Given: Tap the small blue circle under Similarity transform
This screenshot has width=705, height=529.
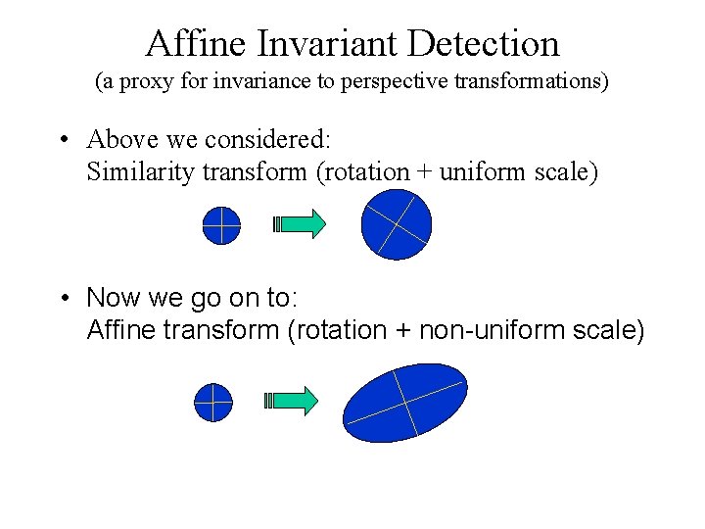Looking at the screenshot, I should pyautogui.click(x=221, y=225).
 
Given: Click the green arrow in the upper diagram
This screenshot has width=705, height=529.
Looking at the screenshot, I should pyautogui.click(x=300, y=224).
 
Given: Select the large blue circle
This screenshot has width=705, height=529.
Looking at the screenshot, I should pyautogui.click(x=396, y=224).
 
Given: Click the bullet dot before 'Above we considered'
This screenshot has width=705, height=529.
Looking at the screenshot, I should pyautogui.click(x=62, y=141).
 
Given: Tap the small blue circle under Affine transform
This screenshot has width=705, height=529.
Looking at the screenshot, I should pyautogui.click(x=213, y=401).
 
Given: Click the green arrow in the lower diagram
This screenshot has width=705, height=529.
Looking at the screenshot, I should pyautogui.click(x=292, y=400).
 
